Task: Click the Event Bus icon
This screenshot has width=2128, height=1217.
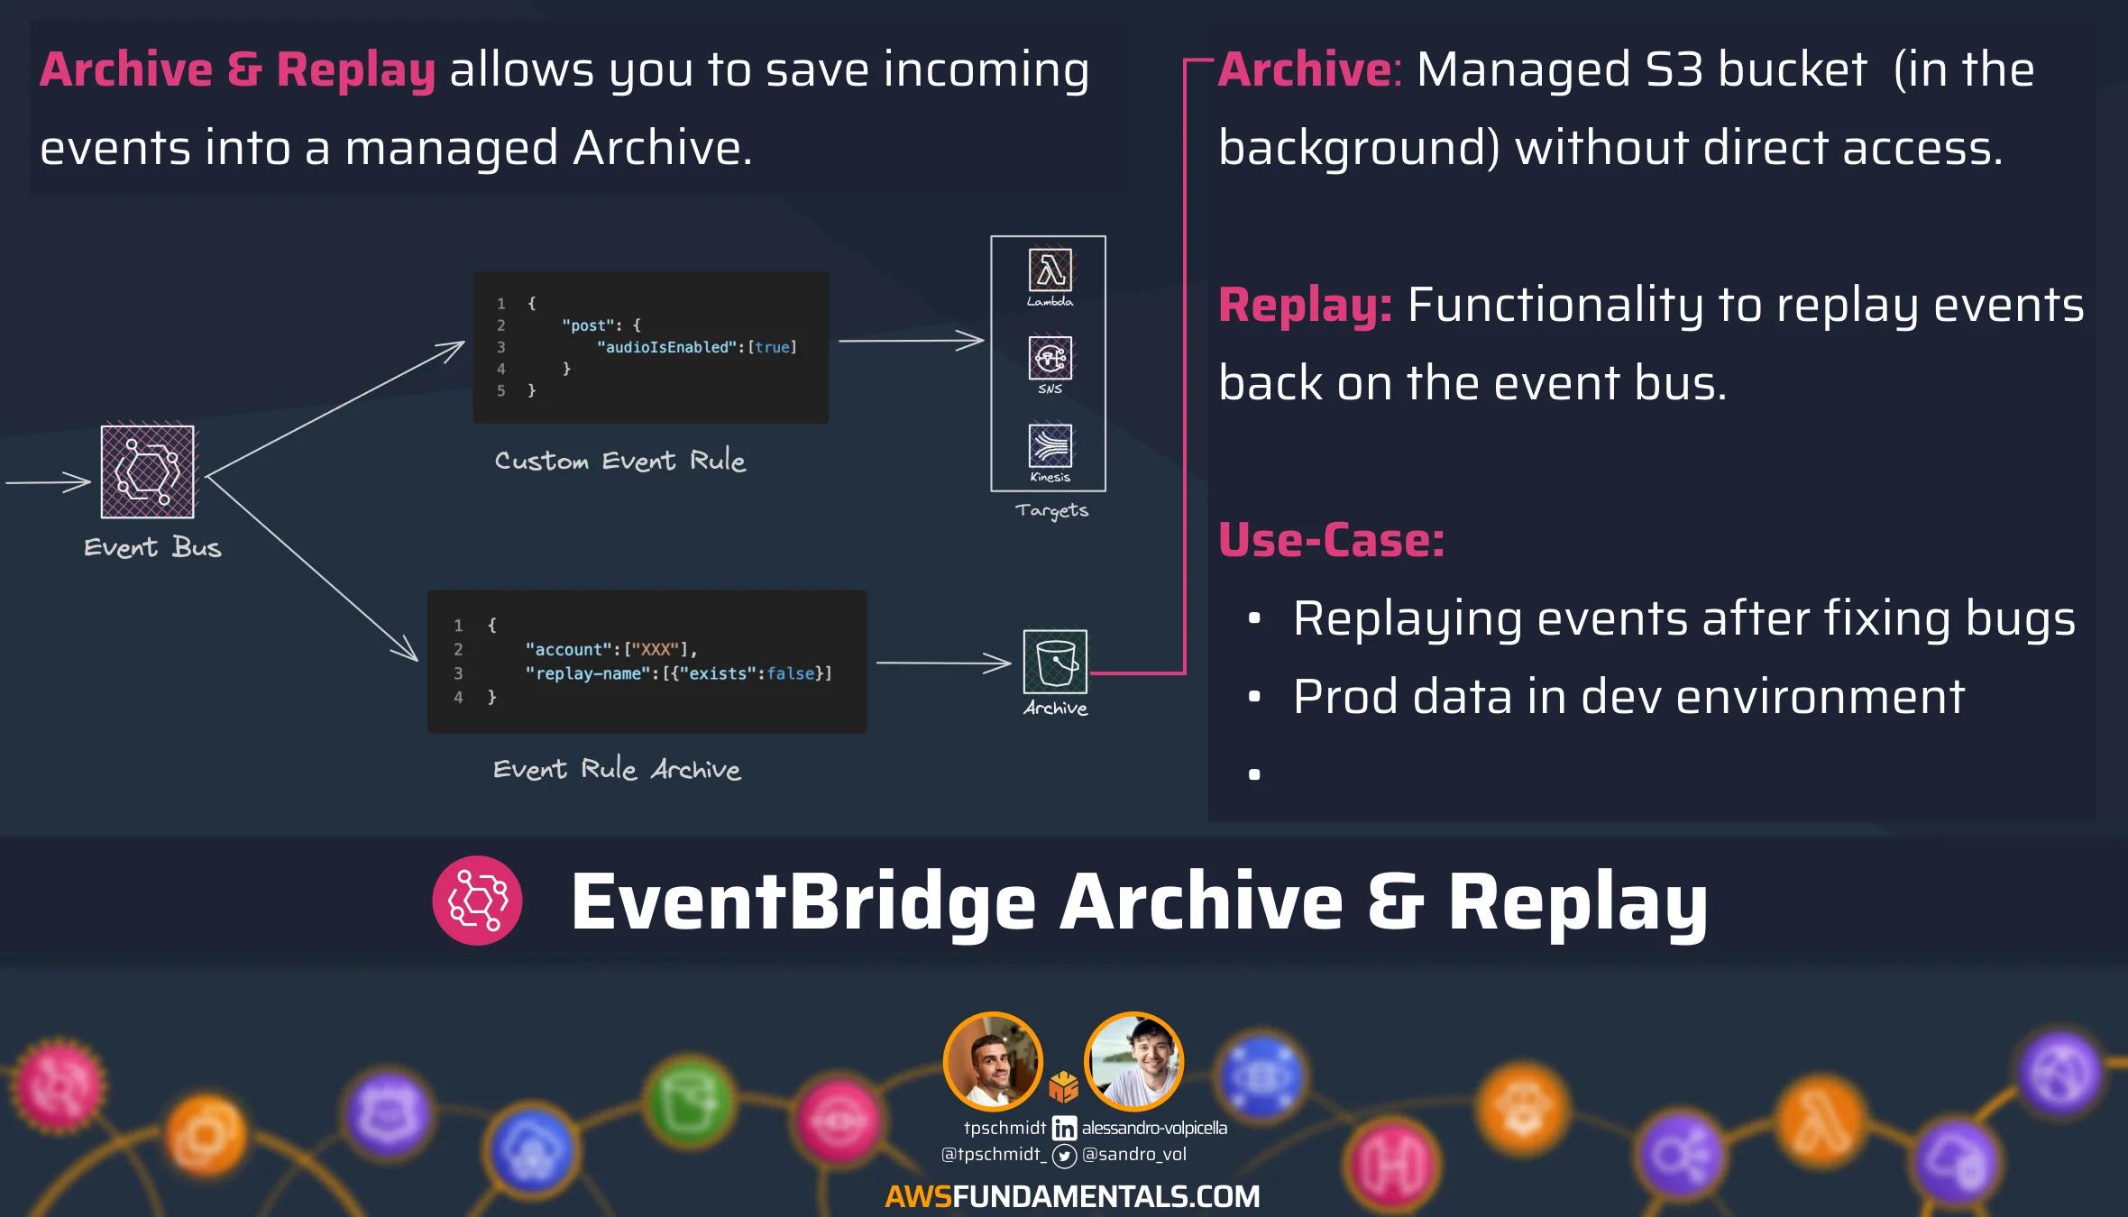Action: click(147, 471)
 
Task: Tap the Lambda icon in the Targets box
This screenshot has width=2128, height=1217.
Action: click(1050, 270)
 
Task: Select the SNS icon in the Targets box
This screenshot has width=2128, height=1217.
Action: click(1050, 358)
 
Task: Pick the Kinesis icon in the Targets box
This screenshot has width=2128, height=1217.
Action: click(1050, 445)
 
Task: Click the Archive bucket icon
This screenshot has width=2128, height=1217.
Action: click(1055, 662)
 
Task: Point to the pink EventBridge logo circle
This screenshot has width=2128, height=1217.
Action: click(477, 901)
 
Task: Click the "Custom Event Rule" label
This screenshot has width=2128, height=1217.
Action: click(620, 461)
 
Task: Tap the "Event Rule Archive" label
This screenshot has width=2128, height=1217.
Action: click(618, 769)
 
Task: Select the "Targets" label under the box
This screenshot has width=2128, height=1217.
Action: click(1051, 510)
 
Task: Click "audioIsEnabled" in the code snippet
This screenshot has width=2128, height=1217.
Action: click(666, 347)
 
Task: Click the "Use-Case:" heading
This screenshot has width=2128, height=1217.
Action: click(1332, 540)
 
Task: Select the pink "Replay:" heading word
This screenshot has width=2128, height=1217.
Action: click(1306, 305)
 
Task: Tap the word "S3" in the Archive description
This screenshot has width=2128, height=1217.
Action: click(1674, 69)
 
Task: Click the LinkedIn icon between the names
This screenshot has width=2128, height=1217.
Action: click(1064, 1128)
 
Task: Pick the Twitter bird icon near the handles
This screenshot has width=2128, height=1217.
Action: click(1064, 1156)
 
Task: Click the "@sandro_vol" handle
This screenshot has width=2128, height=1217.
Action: click(1134, 1155)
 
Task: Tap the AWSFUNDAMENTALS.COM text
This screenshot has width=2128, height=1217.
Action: click(1072, 1196)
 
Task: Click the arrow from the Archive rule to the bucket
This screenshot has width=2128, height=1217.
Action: click(943, 663)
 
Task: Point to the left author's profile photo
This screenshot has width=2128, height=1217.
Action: click(993, 1062)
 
